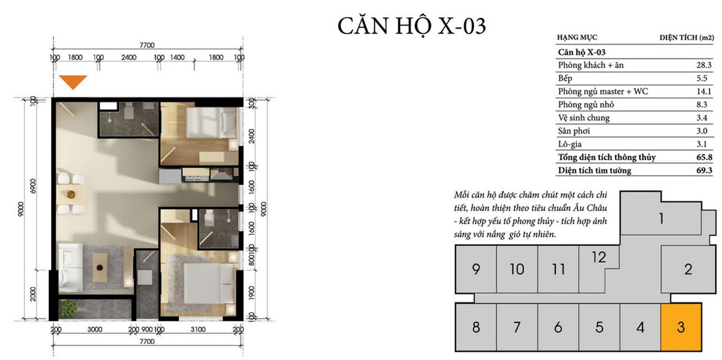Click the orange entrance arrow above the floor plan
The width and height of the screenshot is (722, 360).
click(x=73, y=82)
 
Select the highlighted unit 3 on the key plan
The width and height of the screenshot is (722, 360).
click(x=681, y=327)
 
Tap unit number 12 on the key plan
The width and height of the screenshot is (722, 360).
click(x=599, y=257)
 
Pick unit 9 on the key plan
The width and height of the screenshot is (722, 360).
click(x=476, y=269)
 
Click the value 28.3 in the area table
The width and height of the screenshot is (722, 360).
click(x=704, y=65)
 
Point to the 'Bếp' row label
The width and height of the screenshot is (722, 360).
click(x=565, y=78)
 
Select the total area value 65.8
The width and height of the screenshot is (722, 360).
click(x=704, y=157)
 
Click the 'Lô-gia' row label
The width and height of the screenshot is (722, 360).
click(x=570, y=144)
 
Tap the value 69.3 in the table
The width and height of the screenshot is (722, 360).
click(x=704, y=171)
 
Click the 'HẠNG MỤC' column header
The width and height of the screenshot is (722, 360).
click(x=577, y=37)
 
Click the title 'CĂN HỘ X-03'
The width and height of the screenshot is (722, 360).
click(x=412, y=26)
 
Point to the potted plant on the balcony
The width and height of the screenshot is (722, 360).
click(x=68, y=309)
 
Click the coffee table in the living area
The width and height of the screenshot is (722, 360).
click(x=100, y=268)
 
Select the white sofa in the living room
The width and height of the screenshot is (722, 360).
click(x=71, y=268)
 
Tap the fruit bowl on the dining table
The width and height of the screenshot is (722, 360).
click(x=71, y=194)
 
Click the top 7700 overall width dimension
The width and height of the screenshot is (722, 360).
click(x=147, y=45)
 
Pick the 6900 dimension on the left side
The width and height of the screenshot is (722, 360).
click(x=33, y=186)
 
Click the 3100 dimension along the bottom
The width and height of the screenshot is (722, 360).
click(x=198, y=329)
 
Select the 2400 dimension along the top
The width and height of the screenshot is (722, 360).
click(x=129, y=57)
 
